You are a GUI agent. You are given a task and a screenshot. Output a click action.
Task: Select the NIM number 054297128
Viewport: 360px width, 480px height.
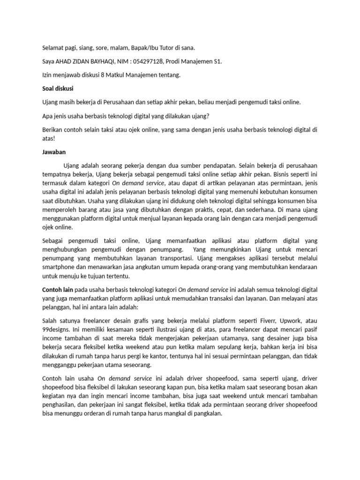(x=151, y=61)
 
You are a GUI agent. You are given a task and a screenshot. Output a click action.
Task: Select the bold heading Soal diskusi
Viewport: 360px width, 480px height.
(x=58, y=88)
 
